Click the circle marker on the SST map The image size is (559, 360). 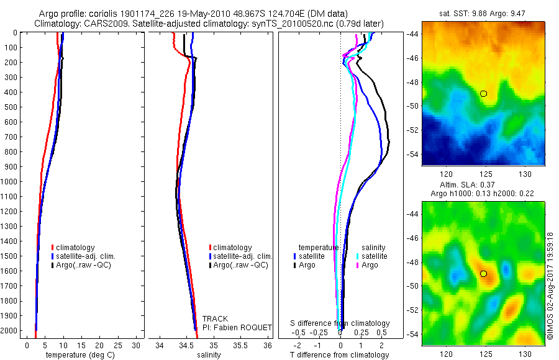pyautogui.click(x=483, y=94)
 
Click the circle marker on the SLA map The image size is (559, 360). pyautogui.click(x=483, y=274)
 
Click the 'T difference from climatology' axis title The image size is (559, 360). pyautogui.click(x=340, y=355)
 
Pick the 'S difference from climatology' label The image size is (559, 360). pyautogui.click(x=340, y=323)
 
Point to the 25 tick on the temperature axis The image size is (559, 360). pyautogui.click(x=116, y=344)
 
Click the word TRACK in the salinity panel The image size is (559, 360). pyautogui.click(x=215, y=319)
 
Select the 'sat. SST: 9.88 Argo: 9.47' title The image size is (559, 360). pyautogui.click(x=483, y=14)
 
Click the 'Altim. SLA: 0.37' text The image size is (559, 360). pyautogui.click(x=483, y=186)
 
